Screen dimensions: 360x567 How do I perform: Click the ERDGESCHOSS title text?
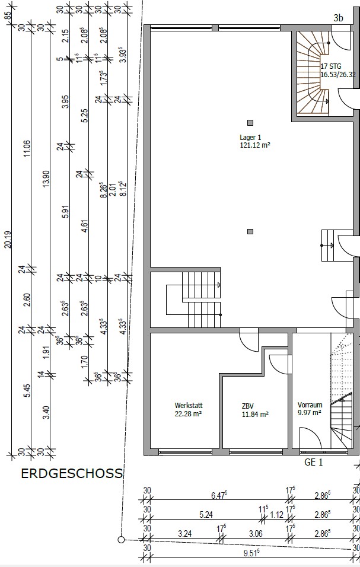tap(72, 474)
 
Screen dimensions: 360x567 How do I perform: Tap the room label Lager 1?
tap(250, 138)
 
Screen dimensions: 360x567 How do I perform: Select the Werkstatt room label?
tap(189, 405)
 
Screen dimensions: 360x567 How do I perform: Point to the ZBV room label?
tap(249, 406)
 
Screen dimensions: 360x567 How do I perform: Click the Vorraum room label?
tap(310, 405)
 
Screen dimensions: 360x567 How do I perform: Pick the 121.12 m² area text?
tap(255, 145)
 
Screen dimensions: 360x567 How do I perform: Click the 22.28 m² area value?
tap(188, 414)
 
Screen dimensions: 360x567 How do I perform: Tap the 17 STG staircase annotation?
tap(331, 66)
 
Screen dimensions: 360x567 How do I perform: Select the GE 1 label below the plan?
tap(313, 462)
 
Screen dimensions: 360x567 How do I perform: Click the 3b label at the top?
tap(338, 18)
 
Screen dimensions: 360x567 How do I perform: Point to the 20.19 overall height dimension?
tap(8, 240)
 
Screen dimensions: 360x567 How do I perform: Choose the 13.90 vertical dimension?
tap(46, 179)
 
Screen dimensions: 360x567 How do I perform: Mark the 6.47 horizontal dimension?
tap(219, 495)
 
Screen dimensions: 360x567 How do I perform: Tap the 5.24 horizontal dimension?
tap(206, 514)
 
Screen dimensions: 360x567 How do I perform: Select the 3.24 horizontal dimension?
tap(184, 533)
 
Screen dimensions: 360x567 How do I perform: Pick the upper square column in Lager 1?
tap(250, 123)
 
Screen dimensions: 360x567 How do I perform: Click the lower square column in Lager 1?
tap(250, 231)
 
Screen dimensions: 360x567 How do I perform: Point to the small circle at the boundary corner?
tap(122, 540)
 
